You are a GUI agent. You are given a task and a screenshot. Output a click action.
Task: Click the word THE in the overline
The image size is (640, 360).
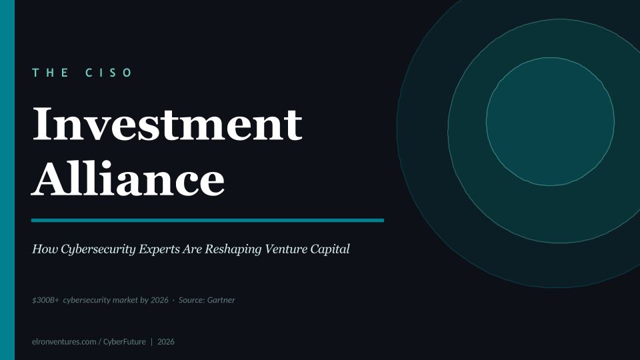(50, 73)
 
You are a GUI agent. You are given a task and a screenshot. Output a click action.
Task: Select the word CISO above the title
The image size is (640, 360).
(109, 73)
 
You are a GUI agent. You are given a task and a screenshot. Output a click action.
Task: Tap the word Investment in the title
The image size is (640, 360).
(167, 124)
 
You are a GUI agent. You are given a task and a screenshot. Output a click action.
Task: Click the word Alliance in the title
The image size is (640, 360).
(128, 178)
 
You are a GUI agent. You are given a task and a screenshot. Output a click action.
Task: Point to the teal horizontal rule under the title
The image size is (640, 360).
(207, 221)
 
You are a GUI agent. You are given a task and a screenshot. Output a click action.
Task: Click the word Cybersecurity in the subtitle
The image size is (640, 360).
(98, 249)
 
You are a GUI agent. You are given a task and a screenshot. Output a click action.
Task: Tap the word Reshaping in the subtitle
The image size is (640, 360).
(233, 249)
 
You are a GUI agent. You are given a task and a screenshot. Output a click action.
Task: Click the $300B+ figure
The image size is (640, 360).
(46, 300)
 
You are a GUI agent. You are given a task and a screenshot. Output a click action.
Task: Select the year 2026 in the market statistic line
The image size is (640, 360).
(159, 300)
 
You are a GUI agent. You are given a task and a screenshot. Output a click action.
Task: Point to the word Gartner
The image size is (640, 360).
(221, 300)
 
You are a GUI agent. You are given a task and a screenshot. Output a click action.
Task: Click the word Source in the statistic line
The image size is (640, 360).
(192, 300)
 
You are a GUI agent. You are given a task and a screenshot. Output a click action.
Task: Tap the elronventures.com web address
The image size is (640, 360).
(64, 341)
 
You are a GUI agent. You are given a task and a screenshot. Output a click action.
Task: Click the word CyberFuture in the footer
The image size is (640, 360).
(125, 341)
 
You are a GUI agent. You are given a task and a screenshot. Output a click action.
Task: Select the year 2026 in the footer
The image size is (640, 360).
(166, 341)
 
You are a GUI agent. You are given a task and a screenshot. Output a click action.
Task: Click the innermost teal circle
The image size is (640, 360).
(550, 121)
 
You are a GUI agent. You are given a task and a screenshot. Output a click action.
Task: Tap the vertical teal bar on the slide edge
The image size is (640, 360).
(7, 180)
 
